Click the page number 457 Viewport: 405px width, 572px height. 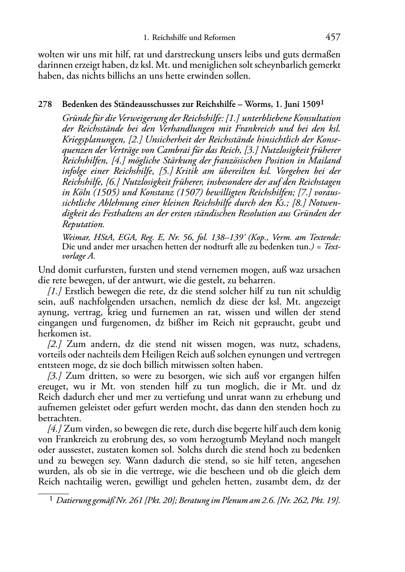coord(333,38)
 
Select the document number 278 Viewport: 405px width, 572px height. coord(45,104)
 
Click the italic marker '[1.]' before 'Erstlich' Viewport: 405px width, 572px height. coord(55,291)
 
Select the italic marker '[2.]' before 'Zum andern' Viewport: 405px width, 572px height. coord(55,344)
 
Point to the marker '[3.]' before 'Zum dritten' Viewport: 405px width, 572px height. coord(55,376)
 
